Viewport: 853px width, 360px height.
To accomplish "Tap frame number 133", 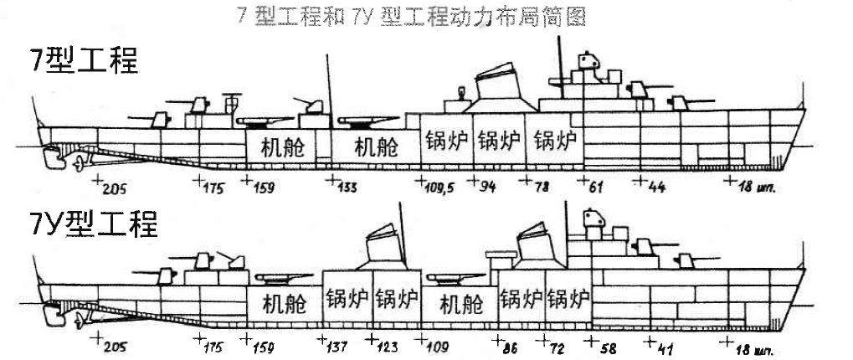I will point(345,188).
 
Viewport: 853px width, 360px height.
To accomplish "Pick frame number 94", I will point(486,188).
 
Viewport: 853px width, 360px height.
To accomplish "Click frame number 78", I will point(540,188).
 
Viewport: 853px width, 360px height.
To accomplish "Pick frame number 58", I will point(604,345).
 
